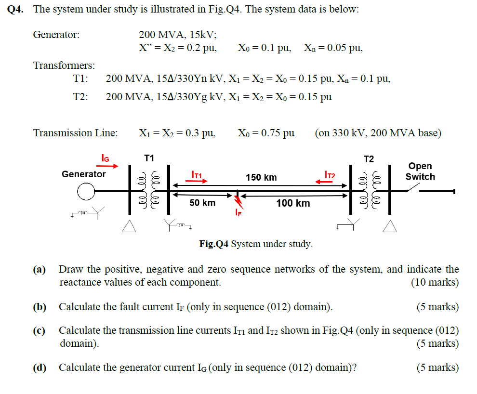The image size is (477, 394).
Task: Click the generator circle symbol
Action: pyautogui.click(x=86, y=192)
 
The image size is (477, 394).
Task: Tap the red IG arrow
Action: pyautogui.click(x=108, y=166)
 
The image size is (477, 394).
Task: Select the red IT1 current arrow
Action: pyautogui.click(x=199, y=181)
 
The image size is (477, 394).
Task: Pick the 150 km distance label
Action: pyautogui.click(x=261, y=177)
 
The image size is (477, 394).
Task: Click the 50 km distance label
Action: pyautogui.click(x=202, y=203)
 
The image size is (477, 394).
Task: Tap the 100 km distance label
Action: pyautogui.click(x=293, y=203)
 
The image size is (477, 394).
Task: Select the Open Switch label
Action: pyautogui.click(x=420, y=171)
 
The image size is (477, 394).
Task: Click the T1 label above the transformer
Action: pyautogui.click(x=149, y=158)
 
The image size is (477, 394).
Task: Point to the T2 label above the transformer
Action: pyautogui.click(x=369, y=158)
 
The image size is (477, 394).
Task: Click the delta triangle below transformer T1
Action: pyautogui.click(x=129, y=226)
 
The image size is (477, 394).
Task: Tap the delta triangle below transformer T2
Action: pyautogui.click(x=390, y=225)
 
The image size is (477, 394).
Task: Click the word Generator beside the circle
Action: pyautogui.click(x=83, y=174)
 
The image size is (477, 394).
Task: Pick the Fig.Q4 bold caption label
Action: pyautogui.click(x=214, y=244)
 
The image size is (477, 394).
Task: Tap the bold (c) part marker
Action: pyautogui.click(x=39, y=330)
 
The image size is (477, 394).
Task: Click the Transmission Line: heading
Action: pyautogui.click(x=75, y=133)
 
